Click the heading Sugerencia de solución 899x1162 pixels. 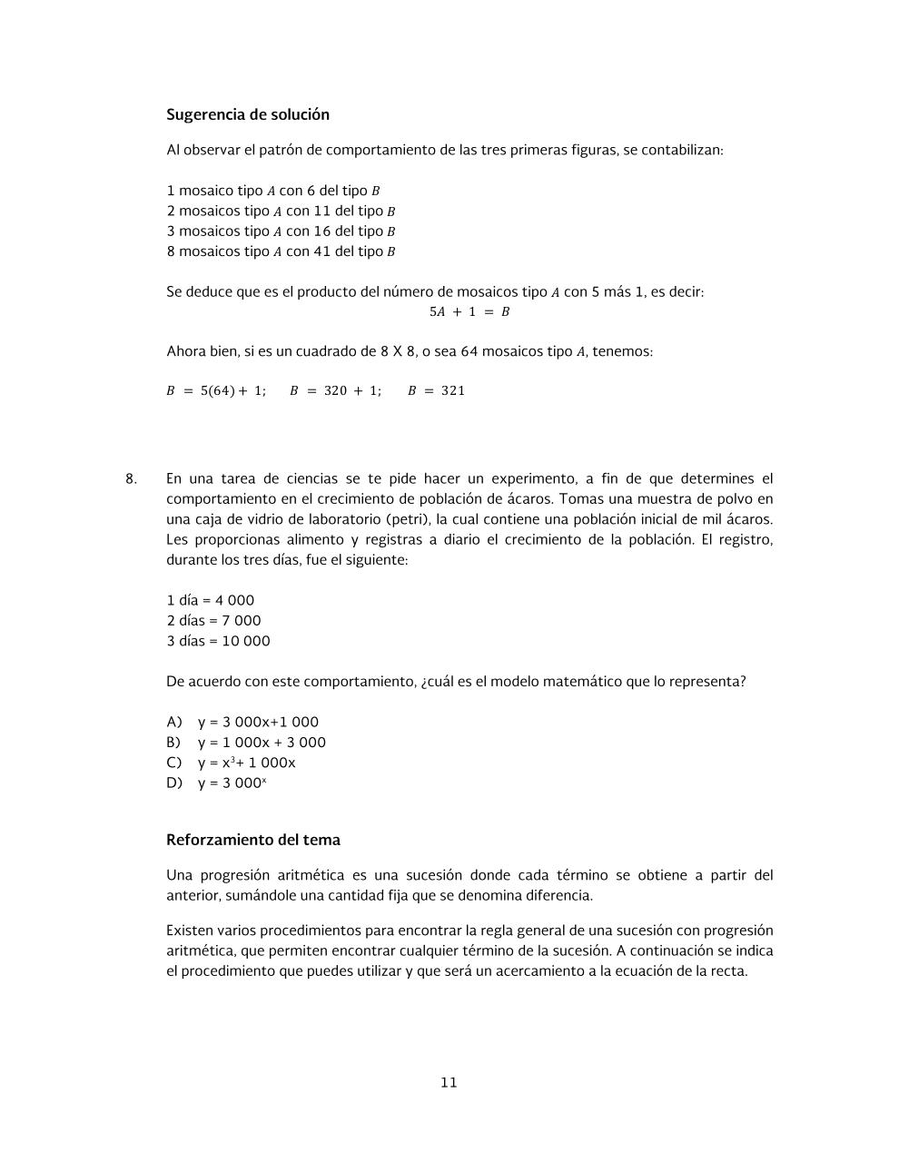point(248,114)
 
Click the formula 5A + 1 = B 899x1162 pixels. point(469,311)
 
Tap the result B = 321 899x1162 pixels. point(436,390)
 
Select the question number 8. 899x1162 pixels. point(131,478)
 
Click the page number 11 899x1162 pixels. point(449,1082)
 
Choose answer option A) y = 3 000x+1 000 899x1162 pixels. point(242,722)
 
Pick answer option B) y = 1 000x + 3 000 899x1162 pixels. point(246,743)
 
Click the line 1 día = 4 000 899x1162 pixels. point(211,600)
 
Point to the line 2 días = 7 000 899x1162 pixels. point(213,621)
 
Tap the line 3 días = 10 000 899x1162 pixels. point(218,641)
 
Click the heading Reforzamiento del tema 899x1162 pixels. point(253,840)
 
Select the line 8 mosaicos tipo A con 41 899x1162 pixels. point(281,251)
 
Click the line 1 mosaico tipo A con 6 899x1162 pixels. point(273,191)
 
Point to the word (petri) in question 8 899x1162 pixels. point(410,519)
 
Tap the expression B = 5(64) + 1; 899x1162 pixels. point(216,390)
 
